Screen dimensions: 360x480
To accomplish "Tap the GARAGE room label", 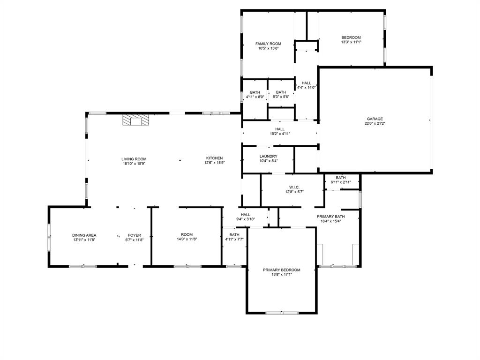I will pos(375,119).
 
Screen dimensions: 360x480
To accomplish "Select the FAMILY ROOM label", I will pos(268,44).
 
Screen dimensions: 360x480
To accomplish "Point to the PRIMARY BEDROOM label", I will pos(281,270).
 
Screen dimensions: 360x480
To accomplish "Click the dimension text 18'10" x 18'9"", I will pos(134,164).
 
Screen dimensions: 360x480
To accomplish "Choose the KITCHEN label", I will pos(215,158).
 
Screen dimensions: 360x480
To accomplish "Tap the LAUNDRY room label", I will pos(268,157).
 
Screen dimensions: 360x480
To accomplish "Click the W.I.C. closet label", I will pos(294,187).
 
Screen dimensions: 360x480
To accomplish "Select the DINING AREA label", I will pos(84,235).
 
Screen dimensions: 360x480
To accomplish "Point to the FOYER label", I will pos(134,235).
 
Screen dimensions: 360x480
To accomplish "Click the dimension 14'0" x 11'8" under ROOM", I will pos(187,240).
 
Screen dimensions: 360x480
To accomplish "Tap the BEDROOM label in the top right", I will pos(351,37).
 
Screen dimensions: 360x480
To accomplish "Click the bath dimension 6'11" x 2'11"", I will pos(341,182).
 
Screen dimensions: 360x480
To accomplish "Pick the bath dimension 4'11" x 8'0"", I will pos(255,97).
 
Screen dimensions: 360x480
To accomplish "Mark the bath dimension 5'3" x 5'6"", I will pos(281,97).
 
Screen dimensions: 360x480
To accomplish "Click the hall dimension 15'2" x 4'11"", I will pos(280,134).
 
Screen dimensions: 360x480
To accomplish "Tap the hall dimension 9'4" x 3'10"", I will pos(245,219).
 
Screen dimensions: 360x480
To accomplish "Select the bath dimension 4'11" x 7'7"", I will pos(234,239).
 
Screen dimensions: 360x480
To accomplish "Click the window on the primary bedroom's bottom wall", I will pos(282,313).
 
